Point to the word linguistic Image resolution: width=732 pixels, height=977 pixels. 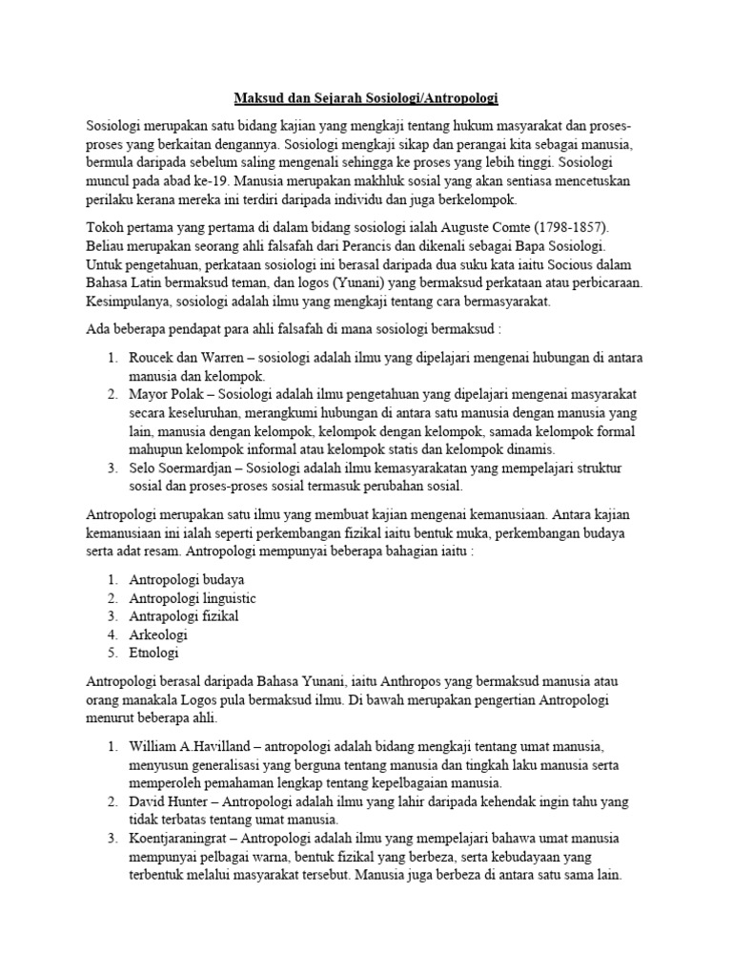221,597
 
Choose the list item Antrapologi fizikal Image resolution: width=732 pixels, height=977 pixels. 185,616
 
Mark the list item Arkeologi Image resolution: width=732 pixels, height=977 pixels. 159,634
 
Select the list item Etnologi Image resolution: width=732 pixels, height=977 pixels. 155,654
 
